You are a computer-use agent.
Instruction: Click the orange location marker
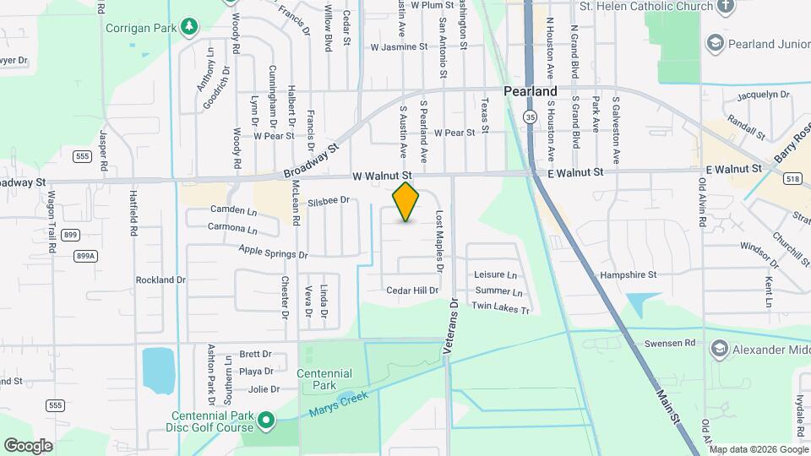(406, 202)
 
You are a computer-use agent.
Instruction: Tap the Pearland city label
(530, 90)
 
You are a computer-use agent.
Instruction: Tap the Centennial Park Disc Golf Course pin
(266, 419)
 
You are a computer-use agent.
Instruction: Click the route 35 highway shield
(530, 116)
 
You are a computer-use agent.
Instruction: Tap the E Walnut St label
(575, 172)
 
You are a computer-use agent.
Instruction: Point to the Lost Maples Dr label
(439, 242)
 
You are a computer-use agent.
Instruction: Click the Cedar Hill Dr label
(412, 290)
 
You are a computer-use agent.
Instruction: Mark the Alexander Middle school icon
(718, 348)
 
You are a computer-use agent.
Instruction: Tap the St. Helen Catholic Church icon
(724, 7)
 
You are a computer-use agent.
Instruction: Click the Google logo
(28, 445)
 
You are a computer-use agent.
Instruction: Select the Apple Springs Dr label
(273, 252)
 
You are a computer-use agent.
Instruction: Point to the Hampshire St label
(628, 274)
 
